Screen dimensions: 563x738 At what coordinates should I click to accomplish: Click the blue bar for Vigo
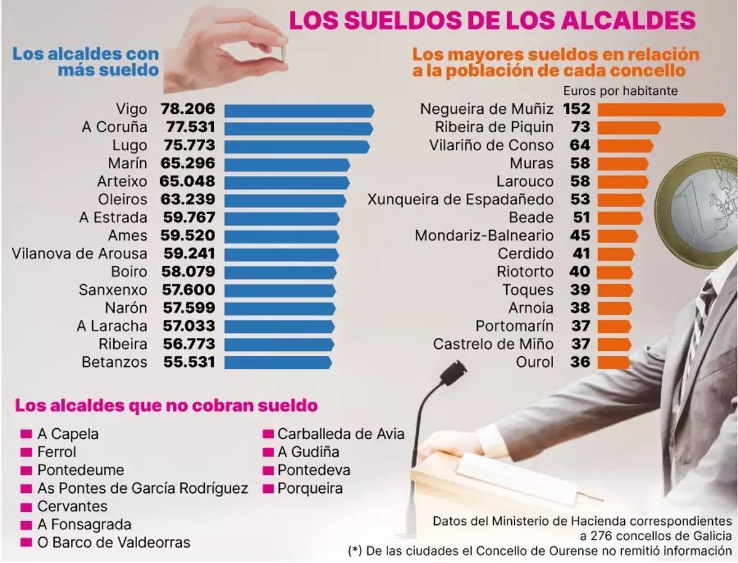tap(299, 110)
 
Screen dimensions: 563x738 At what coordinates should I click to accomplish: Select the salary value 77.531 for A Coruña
tap(190, 127)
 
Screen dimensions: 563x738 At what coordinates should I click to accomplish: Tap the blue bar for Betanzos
tap(277, 362)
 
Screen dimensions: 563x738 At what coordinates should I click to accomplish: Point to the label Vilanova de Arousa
tap(79, 254)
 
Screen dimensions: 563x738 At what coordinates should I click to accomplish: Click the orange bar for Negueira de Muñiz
tap(661, 110)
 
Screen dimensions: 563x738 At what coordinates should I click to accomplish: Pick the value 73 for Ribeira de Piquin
tap(580, 127)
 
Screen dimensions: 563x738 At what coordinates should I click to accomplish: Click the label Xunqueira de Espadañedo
tap(459, 200)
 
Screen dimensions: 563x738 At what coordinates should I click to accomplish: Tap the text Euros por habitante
tap(620, 91)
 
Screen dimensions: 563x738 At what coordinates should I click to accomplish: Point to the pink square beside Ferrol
tap(26, 452)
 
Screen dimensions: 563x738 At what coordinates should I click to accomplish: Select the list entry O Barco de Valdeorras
tap(113, 543)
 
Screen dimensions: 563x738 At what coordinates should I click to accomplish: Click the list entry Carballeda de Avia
tap(341, 434)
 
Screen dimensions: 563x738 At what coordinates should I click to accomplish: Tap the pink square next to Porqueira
tap(268, 489)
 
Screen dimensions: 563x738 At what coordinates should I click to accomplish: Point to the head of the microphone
tap(453, 372)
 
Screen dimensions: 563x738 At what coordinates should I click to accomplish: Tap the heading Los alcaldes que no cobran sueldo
tap(166, 406)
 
